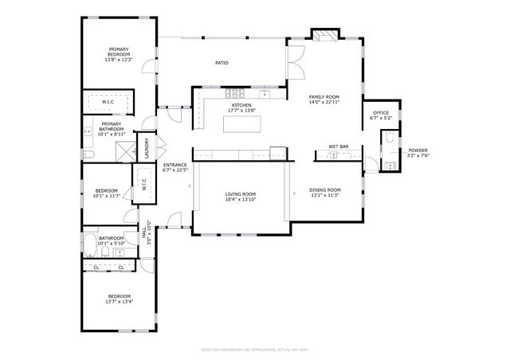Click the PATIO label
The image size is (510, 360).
point(222,62)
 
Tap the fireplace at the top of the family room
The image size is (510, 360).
point(324,36)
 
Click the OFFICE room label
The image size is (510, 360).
point(381,113)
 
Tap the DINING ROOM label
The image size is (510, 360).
point(325,190)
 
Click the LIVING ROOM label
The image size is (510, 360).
point(240,194)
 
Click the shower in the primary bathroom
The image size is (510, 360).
point(124,151)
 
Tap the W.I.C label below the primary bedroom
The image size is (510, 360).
point(108,102)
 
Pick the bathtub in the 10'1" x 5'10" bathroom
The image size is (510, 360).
point(91,252)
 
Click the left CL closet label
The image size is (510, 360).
point(96,268)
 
